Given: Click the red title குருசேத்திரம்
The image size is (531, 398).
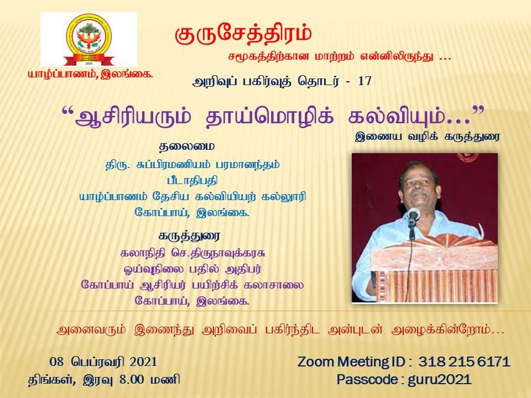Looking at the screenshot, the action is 243,34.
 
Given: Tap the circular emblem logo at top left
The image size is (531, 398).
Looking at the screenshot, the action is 88,39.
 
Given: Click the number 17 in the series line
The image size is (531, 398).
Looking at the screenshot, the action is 365,81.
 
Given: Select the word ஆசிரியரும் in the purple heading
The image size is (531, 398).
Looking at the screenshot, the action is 133,117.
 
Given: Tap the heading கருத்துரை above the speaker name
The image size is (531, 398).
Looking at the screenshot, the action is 189,235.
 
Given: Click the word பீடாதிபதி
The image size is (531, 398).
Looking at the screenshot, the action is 192,180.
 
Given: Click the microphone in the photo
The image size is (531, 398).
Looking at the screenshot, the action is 413,215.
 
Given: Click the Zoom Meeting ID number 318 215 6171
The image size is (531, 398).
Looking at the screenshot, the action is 464,362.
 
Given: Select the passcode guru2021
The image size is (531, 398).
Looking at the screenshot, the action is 440,379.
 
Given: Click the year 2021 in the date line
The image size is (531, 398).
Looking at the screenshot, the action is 143,362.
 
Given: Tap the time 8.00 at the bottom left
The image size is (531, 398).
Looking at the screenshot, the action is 132,379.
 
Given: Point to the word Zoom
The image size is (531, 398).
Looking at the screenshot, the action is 316,362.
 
